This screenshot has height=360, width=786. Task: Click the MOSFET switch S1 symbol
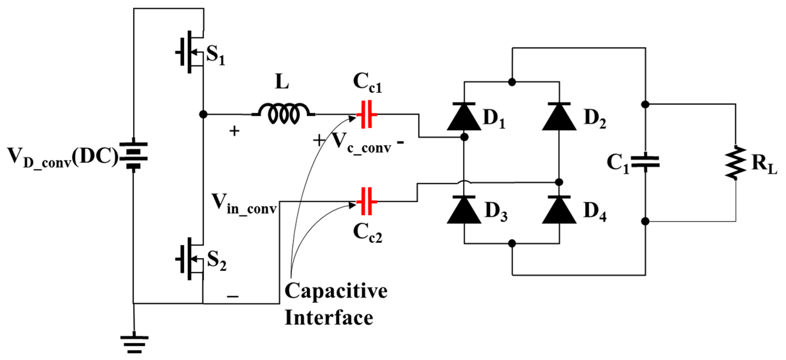click(191, 52)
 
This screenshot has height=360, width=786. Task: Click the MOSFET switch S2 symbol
click(191, 259)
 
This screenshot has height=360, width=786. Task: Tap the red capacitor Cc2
click(367, 201)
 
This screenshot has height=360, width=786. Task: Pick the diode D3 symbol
click(464, 210)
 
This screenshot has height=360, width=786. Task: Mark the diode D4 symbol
click(559, 210)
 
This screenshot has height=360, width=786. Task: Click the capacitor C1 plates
click(645, 162)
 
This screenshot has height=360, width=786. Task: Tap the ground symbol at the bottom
click(134, 344)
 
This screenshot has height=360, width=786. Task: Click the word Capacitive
click(336, 291)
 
